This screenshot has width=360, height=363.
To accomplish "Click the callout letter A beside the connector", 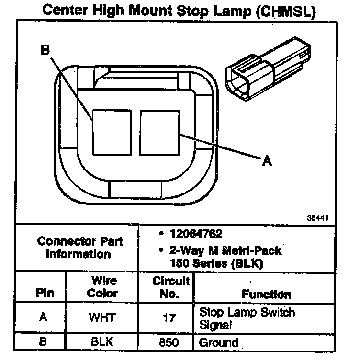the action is (268, 162).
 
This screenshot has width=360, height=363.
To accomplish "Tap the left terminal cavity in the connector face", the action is (111, 132).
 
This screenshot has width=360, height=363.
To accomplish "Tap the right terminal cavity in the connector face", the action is (160, 132).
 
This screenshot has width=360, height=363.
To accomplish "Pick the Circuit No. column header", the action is (170, 287).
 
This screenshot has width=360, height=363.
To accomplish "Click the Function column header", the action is (266, 294).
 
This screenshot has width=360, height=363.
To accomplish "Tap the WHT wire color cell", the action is (102, 318).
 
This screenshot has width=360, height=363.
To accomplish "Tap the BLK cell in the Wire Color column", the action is (102, 342).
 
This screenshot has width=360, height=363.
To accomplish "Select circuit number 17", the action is (169, 318).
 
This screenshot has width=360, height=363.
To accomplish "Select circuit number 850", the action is (169, 342).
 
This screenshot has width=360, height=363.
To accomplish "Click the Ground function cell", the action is (218, 342).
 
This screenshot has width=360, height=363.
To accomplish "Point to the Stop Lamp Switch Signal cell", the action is (247, 318).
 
